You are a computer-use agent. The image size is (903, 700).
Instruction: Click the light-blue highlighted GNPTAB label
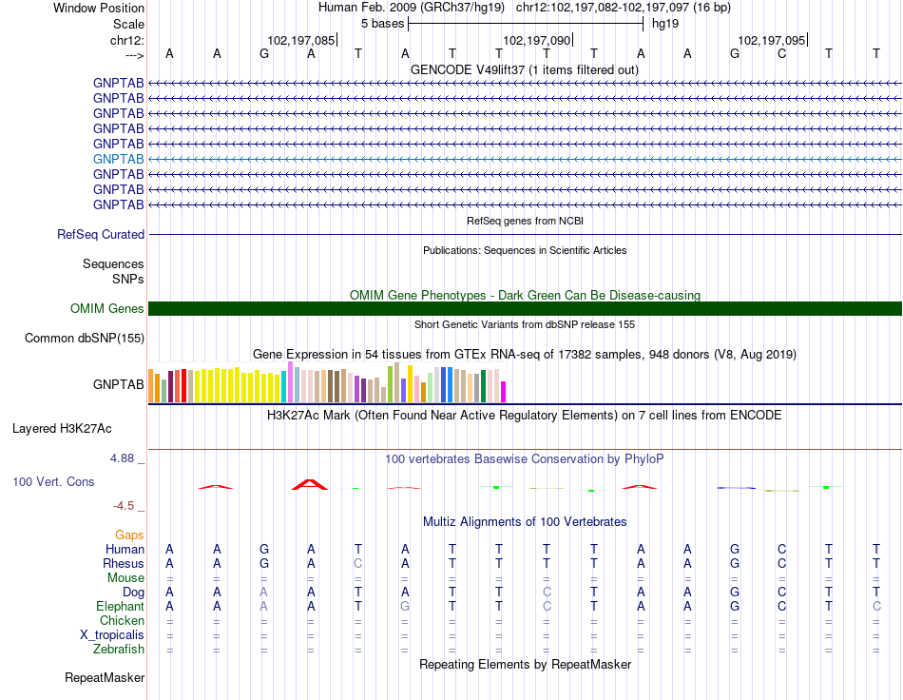[x=118, y=159]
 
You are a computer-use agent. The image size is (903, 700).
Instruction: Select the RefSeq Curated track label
[x=101, y=235]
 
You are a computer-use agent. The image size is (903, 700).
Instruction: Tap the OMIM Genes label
[x=107, y=309]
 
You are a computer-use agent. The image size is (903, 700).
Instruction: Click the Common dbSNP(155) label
[x=85, y=339]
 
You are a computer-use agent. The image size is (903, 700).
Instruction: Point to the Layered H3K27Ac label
[x=62, y=429]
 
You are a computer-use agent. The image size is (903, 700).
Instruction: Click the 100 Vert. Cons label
[x=53, y=481]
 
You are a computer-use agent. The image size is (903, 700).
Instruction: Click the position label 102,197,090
[x=537, y=40]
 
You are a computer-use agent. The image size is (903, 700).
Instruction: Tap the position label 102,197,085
[x=300, y=40]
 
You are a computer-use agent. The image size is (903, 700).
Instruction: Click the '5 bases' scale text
[x=382, y=24]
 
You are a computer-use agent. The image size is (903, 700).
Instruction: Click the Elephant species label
[x=121, y=607]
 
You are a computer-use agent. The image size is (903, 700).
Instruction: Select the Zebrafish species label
[x=119, y=650]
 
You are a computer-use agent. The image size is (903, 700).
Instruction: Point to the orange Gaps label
[x=129, y=535]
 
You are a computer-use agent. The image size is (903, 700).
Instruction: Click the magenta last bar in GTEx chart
[x=504, y=392]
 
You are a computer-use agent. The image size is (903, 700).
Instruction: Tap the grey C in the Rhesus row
[x=358, y=563]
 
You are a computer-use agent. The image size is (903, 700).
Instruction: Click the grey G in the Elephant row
[x=405, y=607]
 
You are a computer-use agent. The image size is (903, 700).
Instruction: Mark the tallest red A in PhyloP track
[x=310, y=484]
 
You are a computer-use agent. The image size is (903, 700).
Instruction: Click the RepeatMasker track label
[x=105, y=677]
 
